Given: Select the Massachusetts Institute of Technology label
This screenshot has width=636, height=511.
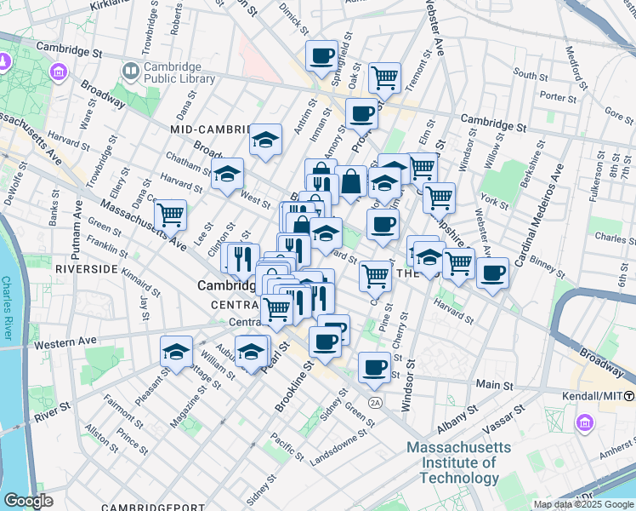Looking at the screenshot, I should tap(459, 462).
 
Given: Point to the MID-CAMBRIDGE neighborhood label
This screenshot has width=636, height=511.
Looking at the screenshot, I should tap(213, 129).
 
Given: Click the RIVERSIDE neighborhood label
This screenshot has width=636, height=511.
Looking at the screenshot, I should tap(86, 268).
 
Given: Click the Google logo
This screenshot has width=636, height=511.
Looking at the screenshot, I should tap(28, 501).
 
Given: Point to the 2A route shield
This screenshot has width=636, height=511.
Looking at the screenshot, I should tap(375, 401).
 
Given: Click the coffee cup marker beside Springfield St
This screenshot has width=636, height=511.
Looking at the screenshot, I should tap(321, 57).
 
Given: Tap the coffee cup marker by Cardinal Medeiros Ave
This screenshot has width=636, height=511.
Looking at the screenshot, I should tap(493, 273).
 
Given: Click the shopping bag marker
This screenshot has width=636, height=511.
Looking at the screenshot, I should tap(350, 181).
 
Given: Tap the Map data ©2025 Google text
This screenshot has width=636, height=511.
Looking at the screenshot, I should tap(583, 504).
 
